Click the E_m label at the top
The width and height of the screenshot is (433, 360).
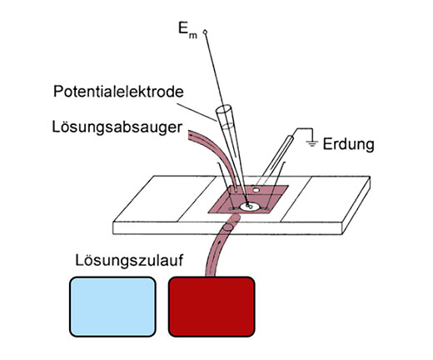(x=187, y=30)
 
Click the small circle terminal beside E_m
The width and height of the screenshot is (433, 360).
(x=205, y=32)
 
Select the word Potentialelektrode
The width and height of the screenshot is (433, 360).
(x=118, y=92)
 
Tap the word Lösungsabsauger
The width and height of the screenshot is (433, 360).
(x=117, y=127)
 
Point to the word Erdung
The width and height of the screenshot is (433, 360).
(x=348, y=144)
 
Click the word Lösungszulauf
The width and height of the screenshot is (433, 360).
(x=129, y=261)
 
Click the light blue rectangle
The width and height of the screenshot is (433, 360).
(x=112, y=307)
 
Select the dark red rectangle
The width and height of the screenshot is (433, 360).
(x=212, y=307)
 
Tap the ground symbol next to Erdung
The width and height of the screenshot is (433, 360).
(x=312, y=143)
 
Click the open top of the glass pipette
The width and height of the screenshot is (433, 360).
(x=224, y=108)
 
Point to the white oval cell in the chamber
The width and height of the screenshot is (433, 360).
(x=250, y=207)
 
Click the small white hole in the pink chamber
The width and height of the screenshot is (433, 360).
(x=256, y=190)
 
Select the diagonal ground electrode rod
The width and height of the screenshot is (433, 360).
(x=274, y=160)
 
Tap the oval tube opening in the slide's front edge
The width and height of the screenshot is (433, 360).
(x=228, y=227)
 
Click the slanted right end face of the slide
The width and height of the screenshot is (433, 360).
(x=356, y=206)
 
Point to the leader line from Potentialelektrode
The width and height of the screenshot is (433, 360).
(x=197, y=112)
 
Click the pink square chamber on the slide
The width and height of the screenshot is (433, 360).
(x=248, y=199)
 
